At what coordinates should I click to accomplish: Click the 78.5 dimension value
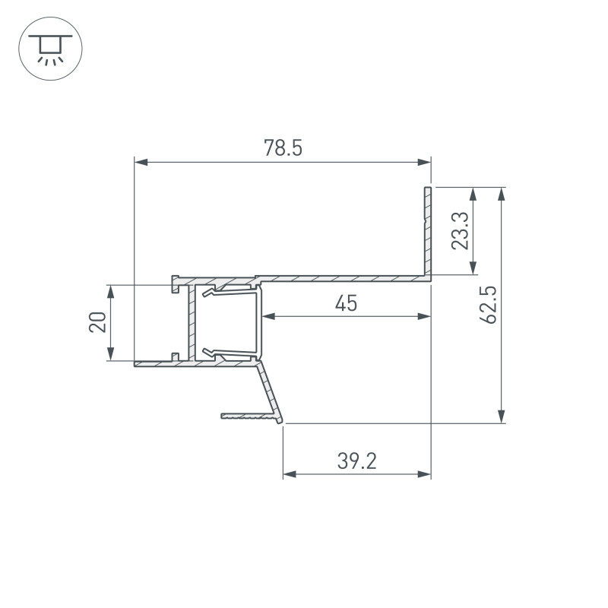pos(283,148)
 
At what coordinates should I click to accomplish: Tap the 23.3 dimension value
pos(461,231)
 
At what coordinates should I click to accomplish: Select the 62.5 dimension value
pos(488,305)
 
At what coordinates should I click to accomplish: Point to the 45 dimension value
pos(346,303)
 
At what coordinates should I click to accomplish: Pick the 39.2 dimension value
pos(356,461)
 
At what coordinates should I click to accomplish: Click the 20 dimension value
pos(97,322)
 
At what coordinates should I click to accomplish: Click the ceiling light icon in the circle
pos(50,49)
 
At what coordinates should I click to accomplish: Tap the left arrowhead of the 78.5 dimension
pos(141,162)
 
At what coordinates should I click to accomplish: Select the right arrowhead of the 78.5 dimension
pos(424,162)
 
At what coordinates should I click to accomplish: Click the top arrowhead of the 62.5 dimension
pos(502,194)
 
